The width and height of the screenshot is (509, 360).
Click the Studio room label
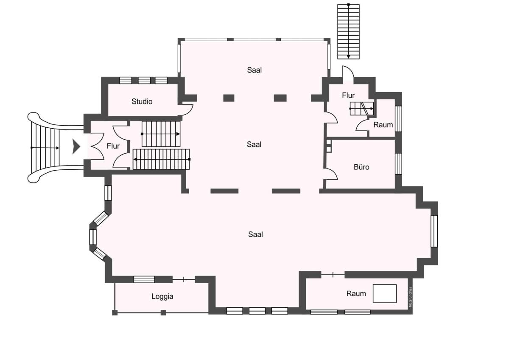(x=142, y=101)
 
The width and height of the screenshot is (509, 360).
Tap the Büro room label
(x=361, y=167)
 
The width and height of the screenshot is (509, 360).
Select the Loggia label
(x=162, y=297)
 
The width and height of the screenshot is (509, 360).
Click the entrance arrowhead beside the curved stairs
(x=76, y=147)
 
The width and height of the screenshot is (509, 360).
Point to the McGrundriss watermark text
(x=410, y=297)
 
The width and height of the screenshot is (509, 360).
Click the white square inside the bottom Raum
(x=385, y=294)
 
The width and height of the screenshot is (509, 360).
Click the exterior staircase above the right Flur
(x=348, y=31)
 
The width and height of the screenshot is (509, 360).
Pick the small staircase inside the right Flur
(x=361, y=109)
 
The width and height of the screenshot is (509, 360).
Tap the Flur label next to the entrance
(x=113, y=146)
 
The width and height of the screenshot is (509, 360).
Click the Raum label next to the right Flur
(x=383, y=125)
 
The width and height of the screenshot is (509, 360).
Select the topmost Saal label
(x=254, y=70)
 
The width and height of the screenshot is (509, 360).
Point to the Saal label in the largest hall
(x=255, y=234)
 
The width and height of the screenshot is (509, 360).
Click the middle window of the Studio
(x=144, y=81)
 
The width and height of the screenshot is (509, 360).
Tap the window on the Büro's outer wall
(x=398, y=163)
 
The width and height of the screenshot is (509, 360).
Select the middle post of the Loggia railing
(x=163, y=313)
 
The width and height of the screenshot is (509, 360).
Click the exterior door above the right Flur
(x=348, y=73)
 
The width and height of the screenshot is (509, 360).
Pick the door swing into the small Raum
(x=361, y=126)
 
